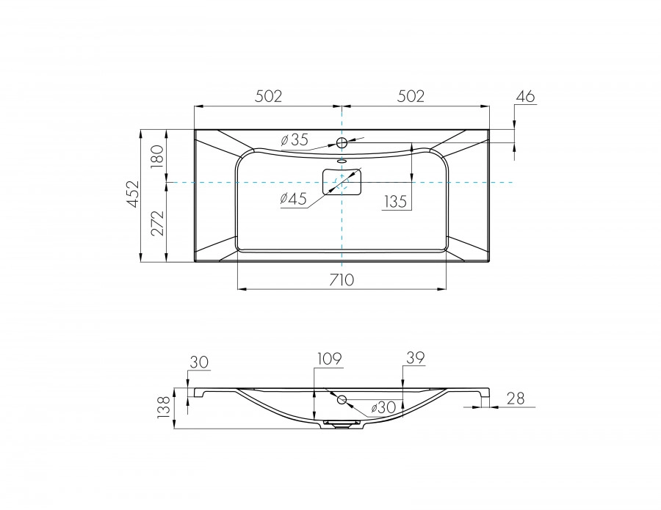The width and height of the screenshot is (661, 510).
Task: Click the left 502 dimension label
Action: click(268, 96)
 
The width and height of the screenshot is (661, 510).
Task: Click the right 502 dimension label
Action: click(411, 96)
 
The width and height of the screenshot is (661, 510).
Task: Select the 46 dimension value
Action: click(525, 96)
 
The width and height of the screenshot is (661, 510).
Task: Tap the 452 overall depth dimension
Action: click(131, 195)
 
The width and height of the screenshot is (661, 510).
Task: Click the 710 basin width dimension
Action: click(342, 279)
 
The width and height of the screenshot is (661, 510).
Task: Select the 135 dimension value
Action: click(394, 201)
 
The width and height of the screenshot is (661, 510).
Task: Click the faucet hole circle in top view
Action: click(342, 142)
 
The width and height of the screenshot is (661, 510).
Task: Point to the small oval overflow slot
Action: click(342, 160)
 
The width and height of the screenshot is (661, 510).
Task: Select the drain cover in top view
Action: click(342, 181)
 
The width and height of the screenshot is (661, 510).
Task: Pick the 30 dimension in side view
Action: click(199, 362)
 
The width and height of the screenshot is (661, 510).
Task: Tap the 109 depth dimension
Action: click(329, 359)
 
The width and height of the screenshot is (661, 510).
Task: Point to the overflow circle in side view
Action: click(342, 399)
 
